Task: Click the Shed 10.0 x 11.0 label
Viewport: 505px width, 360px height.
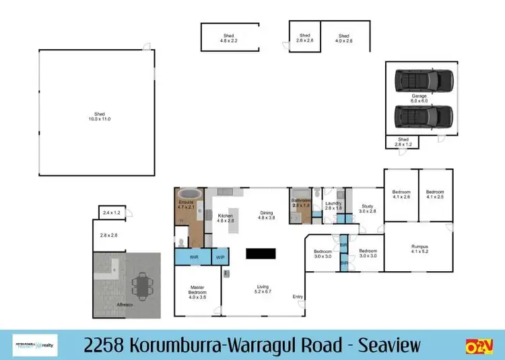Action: [x=98, y=116]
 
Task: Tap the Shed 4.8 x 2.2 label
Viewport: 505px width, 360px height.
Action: [x=230, y=38]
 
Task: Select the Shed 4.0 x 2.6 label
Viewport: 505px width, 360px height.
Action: [x=344, y=38]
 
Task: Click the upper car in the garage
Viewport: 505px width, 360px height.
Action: [x=424, y=81]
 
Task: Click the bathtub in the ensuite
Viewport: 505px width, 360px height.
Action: [x=186, y=200]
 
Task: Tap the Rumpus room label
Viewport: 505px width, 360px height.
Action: [x=419, y=249]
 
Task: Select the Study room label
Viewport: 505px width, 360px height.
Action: [x=367, y=209]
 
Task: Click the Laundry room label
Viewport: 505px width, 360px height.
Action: [x=334, y=206]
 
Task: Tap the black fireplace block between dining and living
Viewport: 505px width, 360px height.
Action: [x=261, y=254]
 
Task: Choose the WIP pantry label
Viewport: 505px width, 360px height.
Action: [x=220, y=257]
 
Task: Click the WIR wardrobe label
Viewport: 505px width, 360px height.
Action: [x=194, y=257]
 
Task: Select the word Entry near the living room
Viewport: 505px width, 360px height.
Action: [x=298, y=297]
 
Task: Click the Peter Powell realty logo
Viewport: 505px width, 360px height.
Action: [x=35, y=345]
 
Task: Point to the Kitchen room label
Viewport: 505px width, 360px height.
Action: [x=225, y=218]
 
